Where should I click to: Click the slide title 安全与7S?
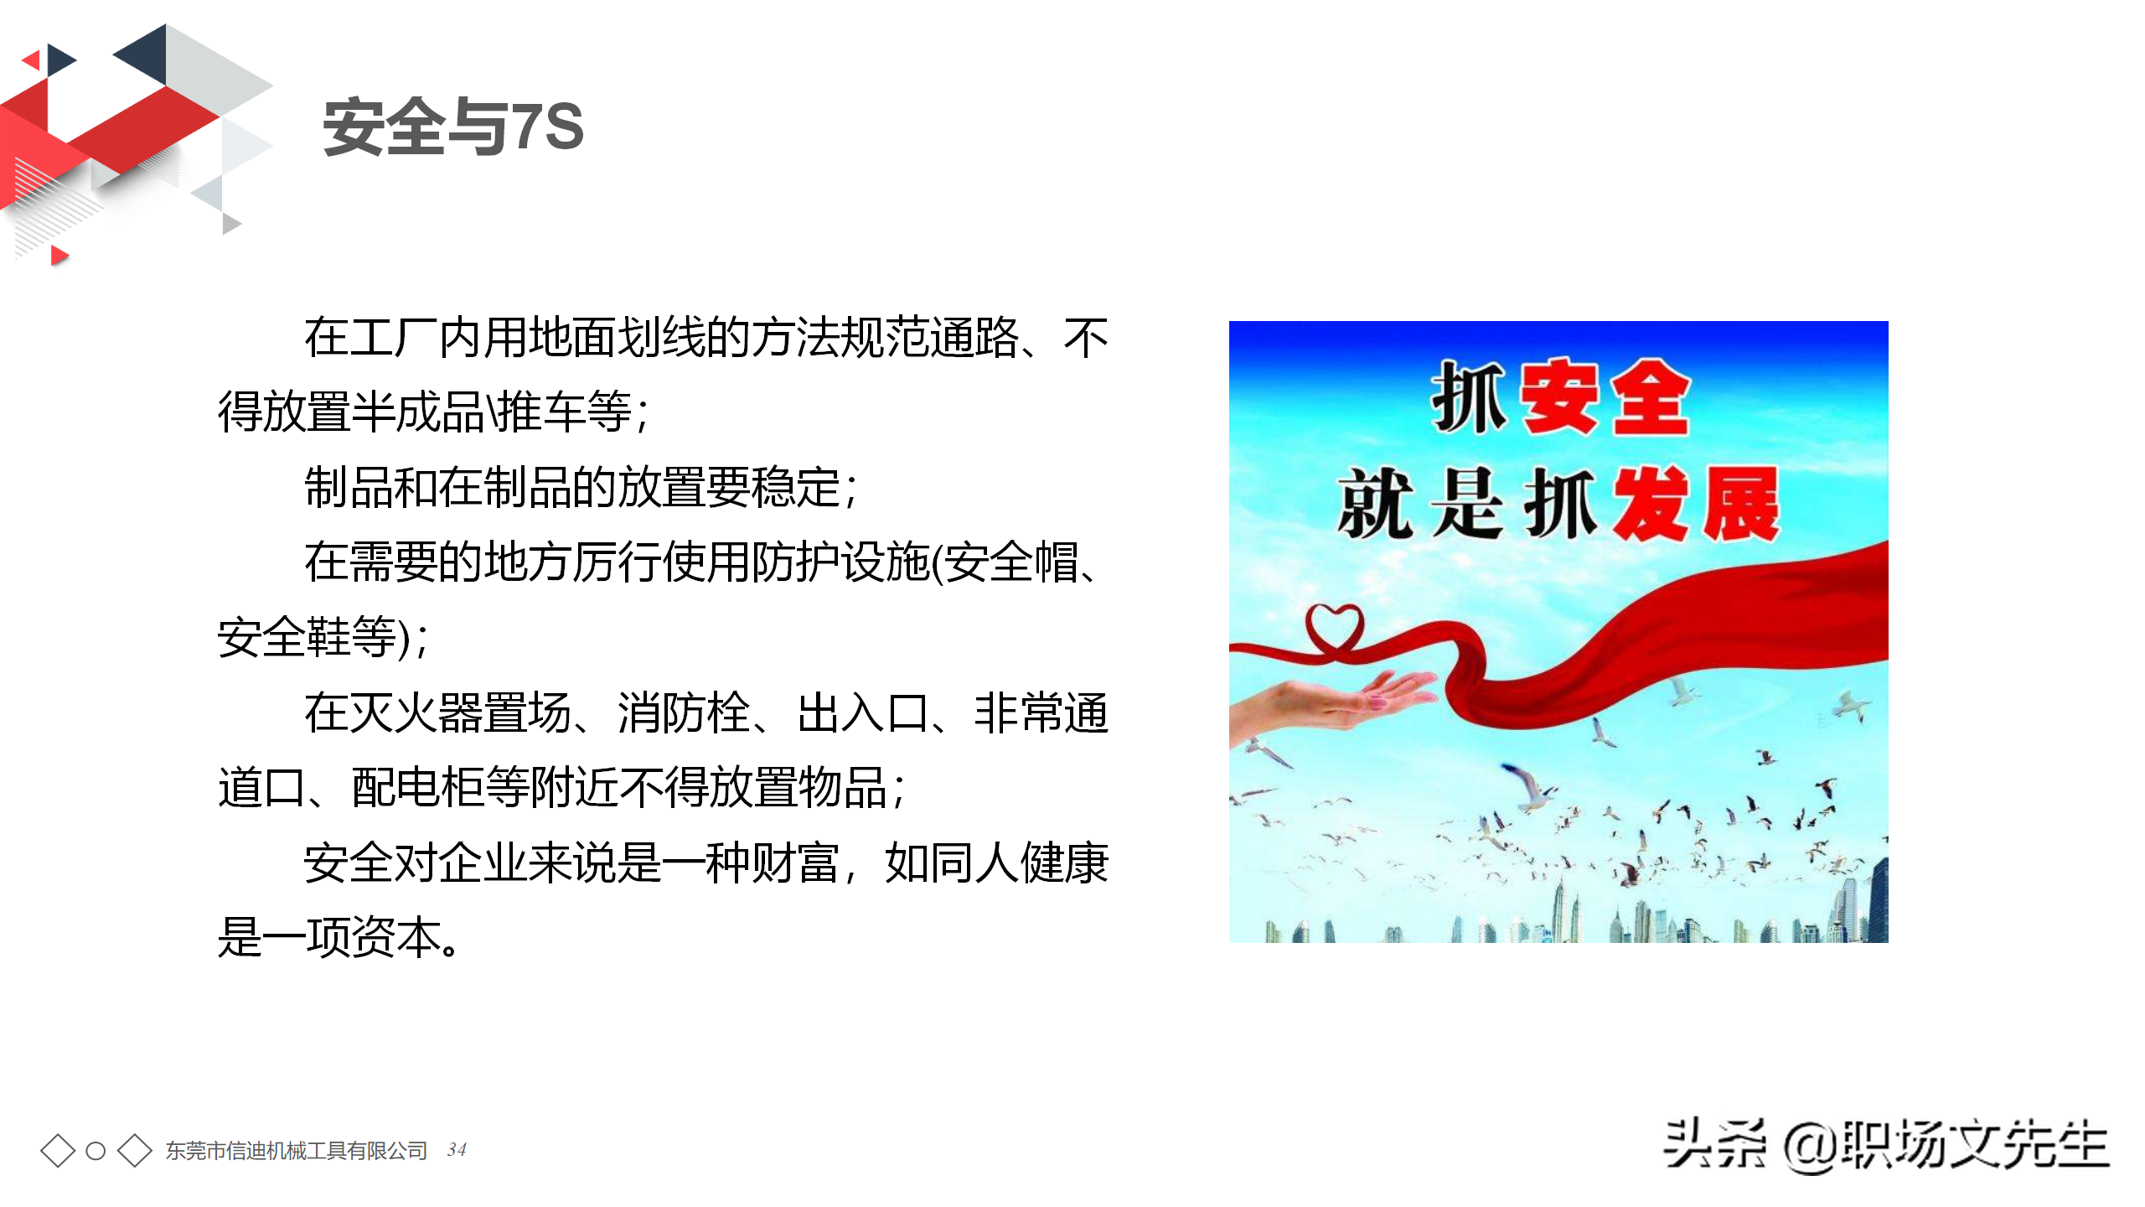point(453,127)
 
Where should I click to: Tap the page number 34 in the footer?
point(457,1149)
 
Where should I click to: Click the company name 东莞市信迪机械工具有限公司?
point(297,1151)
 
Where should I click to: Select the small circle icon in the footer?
point(96,1151)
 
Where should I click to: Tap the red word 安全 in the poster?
point(1605,398)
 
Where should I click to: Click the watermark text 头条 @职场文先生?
point(1885,1145)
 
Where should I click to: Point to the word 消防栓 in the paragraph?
point(684,713)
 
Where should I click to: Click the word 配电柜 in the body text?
point(418,788)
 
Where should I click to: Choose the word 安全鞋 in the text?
point(284,637)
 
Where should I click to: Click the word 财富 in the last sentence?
point(794,863)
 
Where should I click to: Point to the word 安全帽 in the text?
point(1013,562)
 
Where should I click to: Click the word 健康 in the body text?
point(1064,863)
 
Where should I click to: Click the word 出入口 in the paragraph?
point(863,713)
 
